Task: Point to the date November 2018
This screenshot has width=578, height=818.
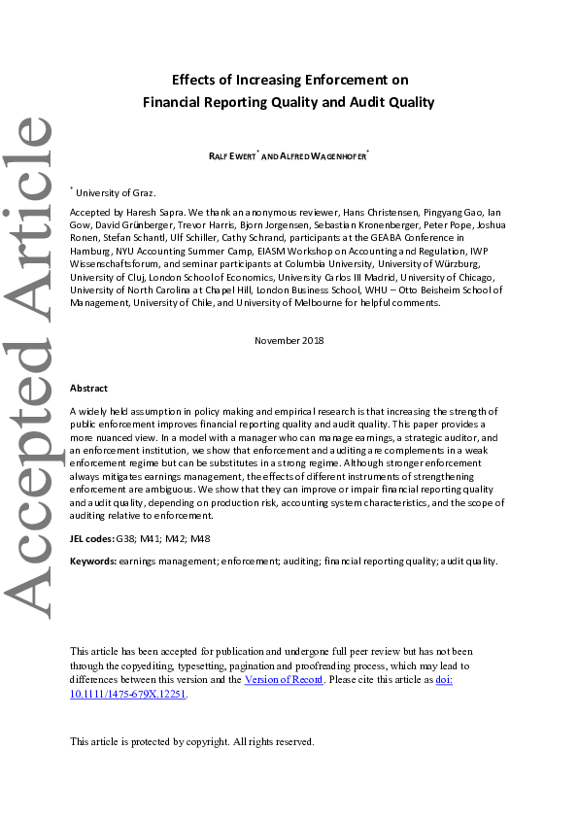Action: [289, 340]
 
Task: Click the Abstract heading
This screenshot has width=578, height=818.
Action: [88, 388]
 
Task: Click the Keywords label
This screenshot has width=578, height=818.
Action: [94, 561]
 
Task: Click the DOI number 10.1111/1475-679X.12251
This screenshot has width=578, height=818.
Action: [126, 695]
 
